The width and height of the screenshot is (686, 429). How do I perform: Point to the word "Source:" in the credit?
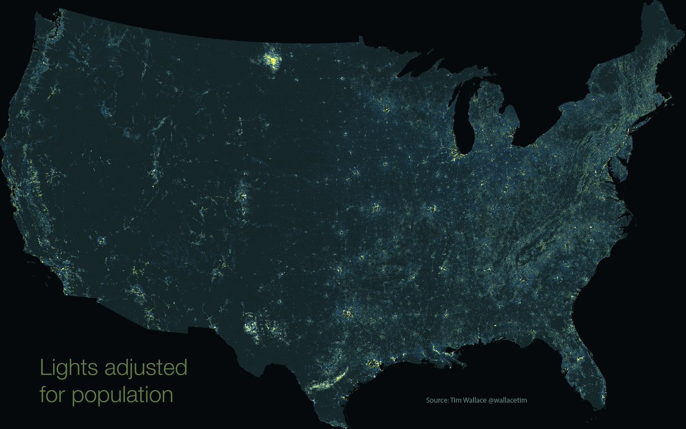click(438, 400)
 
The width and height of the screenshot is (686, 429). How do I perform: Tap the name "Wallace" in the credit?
click(476, 400)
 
